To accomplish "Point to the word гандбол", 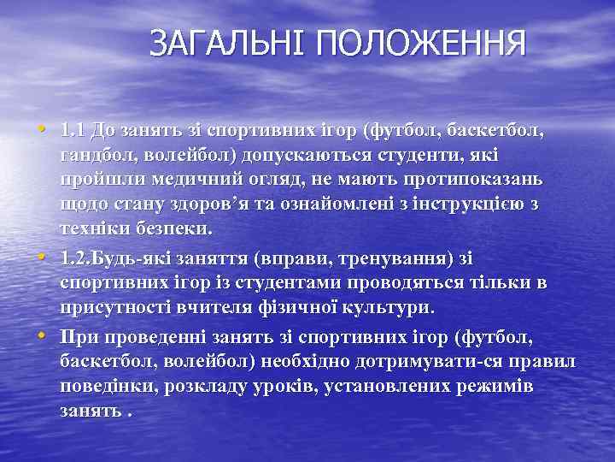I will coord(97,157).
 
